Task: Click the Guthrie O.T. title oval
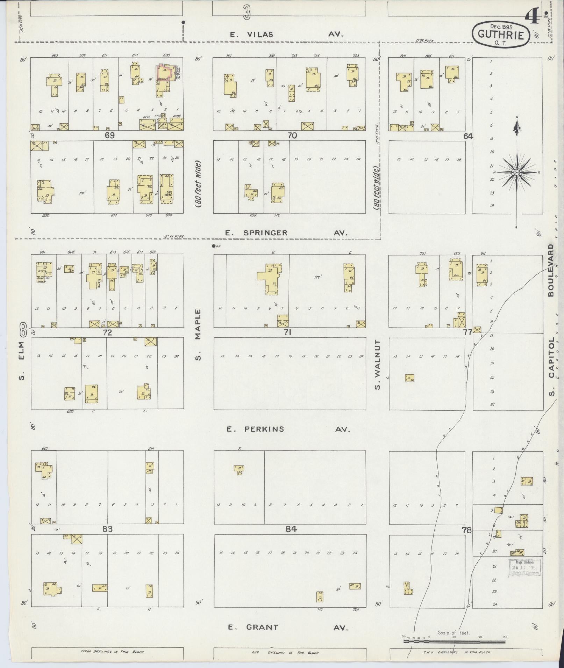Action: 501,35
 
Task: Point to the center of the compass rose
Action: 516,172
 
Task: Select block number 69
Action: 109,135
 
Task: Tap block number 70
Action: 292,135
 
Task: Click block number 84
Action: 291,529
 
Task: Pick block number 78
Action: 466,530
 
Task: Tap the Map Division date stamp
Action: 524,567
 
